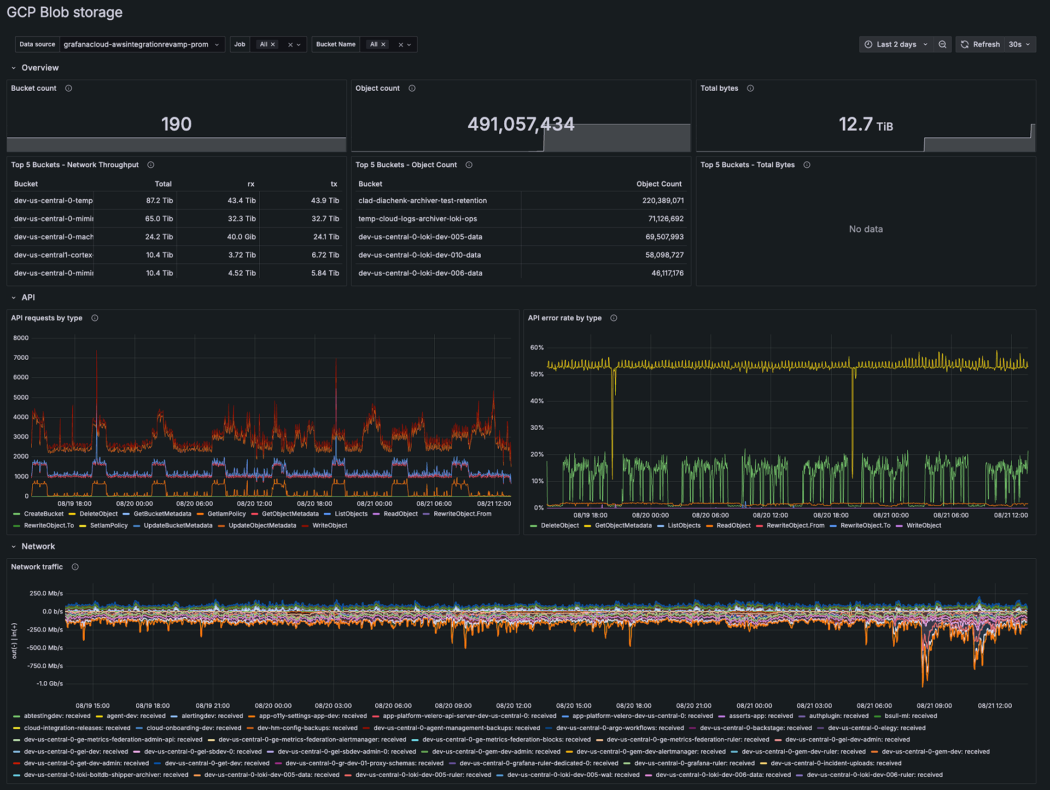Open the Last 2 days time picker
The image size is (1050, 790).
click(896, 44)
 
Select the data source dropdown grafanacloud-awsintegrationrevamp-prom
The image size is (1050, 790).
click(141, 44)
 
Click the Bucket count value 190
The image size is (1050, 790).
click(176, 124)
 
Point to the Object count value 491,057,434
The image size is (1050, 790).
click(521, 124)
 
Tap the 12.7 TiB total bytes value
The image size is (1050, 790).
click(865, 125)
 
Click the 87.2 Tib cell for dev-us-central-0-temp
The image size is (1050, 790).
click(159, 201)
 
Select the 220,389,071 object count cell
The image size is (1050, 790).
click(662, 201)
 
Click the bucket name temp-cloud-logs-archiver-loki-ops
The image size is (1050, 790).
click(417, 219)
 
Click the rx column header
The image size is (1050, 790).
click(250, 184)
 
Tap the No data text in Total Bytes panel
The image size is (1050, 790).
click(865, 229)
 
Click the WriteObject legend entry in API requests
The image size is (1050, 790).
click(329, 525)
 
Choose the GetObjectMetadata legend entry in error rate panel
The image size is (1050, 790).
click(622, 525)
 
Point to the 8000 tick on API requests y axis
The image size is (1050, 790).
click(21, 338)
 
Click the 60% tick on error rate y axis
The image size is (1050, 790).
click(536, 348)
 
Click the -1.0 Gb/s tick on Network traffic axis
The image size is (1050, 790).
click(49, 683)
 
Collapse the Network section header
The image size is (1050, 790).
click(38, 546)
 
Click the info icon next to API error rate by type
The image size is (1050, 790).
click(614, 318)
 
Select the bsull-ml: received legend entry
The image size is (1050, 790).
click(910, 716)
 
